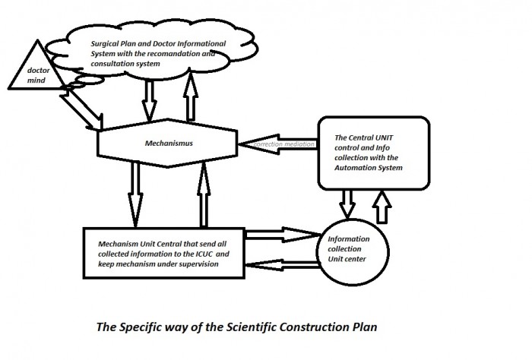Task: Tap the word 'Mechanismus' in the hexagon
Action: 169,143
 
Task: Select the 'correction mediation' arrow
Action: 278,144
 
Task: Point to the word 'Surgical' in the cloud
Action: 105,44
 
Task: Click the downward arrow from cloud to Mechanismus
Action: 149,99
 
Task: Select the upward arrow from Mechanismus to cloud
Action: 191,96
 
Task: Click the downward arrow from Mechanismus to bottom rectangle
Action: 135,195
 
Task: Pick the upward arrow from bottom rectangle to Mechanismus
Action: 204,195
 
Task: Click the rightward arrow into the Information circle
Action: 283,235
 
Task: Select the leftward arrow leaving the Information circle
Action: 282,265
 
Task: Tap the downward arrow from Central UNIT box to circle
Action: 347,204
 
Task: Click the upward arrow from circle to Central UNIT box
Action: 382,207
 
